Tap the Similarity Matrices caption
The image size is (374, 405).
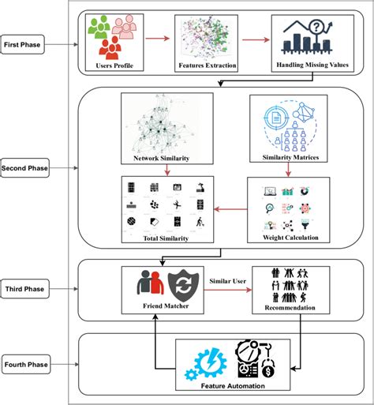294,158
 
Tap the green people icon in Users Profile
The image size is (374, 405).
100,30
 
